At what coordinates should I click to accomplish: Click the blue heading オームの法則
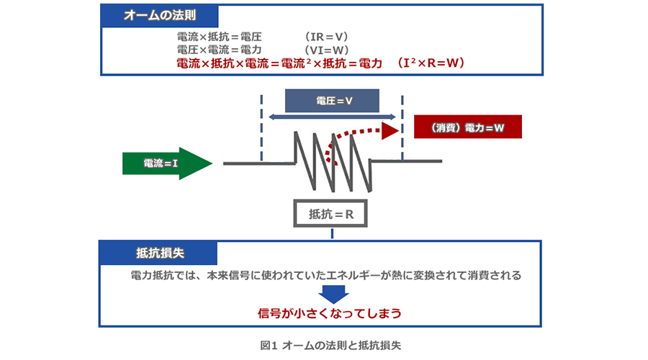(159, 14)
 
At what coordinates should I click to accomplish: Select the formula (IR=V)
(326, 36)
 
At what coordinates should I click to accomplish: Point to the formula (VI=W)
(326, 50)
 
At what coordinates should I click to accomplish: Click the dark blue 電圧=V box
(333, 101)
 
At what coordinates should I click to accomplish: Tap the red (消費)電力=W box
(468, 127)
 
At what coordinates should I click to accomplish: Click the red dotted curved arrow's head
(390, 130)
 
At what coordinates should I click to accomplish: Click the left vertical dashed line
(261, 126)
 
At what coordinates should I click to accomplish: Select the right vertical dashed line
(402, 126)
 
